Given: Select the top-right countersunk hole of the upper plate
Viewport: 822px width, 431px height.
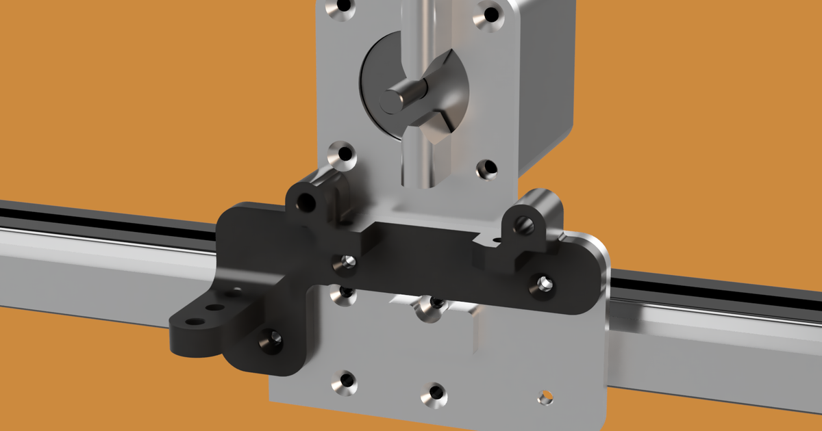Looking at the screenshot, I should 490,13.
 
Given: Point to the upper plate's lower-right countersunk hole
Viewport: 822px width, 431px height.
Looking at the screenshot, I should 486,168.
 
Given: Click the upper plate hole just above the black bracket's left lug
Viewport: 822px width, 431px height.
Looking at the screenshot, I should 340,155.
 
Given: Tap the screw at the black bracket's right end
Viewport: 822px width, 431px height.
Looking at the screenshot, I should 544,284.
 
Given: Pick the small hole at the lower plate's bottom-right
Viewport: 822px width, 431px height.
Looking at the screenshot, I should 545,397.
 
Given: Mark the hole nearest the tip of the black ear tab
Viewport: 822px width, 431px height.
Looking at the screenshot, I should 195,321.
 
